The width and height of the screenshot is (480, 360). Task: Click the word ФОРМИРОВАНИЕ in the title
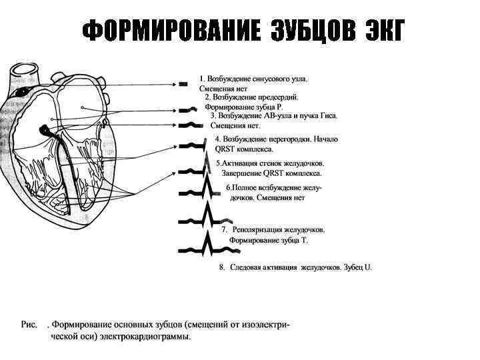[172, 31]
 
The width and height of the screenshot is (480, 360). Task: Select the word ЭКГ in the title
[385, 31]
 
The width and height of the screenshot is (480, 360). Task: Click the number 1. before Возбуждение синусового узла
[203, 79]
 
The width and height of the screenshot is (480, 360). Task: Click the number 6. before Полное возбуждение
[229, 188]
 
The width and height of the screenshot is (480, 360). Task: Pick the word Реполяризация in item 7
[257, 229]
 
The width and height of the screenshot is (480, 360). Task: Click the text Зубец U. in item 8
[358, 267]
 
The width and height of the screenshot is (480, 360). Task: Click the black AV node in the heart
[45, 129]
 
